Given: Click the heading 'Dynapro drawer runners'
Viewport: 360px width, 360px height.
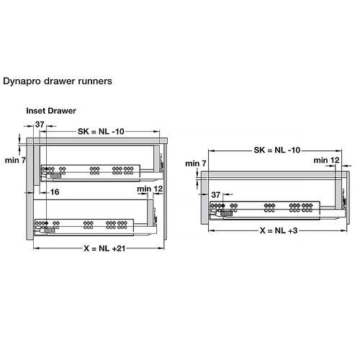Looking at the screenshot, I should [58, 81].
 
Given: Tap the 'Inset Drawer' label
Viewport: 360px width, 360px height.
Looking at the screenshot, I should [51, 112].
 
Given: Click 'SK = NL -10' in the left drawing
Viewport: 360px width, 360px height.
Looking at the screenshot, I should [102, 132].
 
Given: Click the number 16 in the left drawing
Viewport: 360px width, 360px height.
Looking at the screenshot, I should [55, 192].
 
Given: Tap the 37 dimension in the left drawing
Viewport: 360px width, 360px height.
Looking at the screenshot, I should [40, 125].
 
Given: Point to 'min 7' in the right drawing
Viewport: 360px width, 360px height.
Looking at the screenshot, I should [195, 163].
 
